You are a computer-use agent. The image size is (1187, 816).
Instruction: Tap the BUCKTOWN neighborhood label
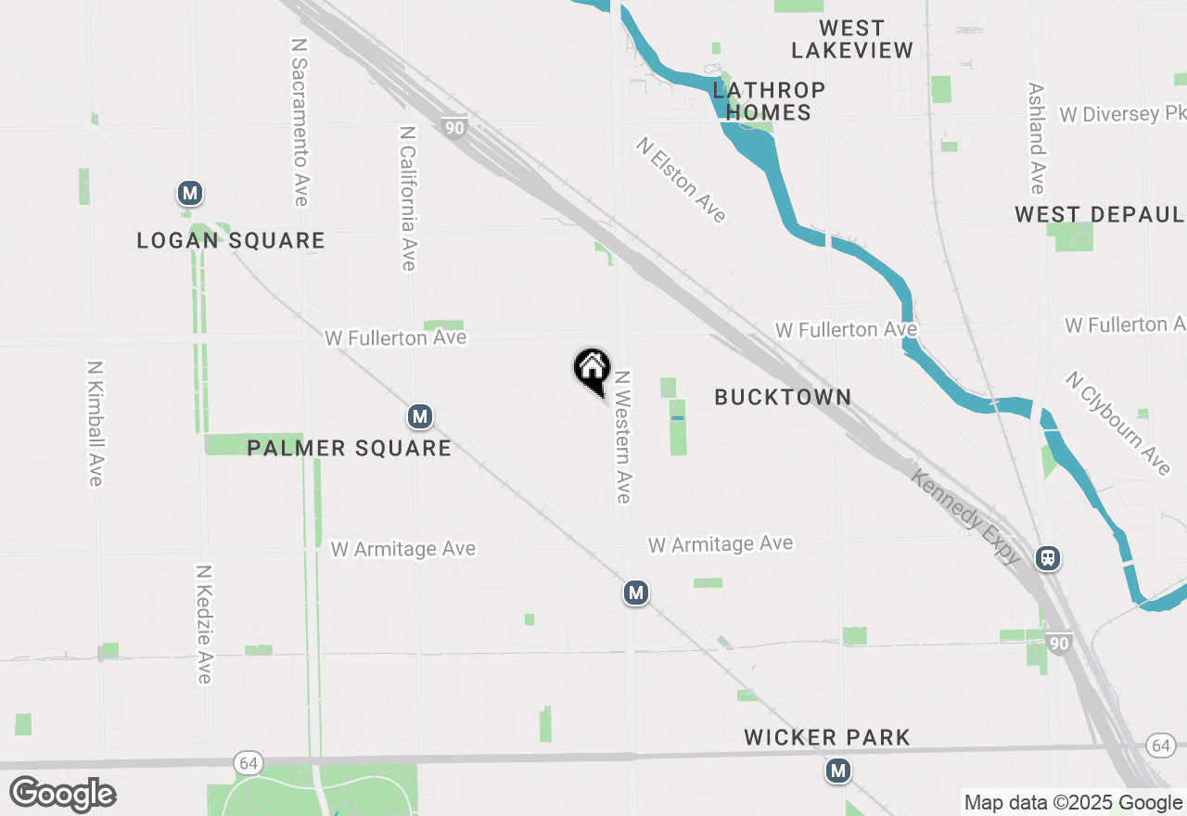point(783,397)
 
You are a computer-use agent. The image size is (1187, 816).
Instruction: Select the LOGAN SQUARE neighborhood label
point(231,241)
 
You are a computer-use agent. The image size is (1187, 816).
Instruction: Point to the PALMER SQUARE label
point(350,449)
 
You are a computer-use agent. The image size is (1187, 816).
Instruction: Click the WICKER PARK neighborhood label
point(827,738)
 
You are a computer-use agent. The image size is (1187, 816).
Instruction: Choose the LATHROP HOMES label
point(769,101)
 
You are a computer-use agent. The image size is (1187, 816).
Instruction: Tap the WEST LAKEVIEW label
point(852,39)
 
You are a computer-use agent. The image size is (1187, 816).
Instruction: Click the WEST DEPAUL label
point(1099,215)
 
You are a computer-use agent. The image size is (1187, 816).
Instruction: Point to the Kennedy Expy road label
point(965,517)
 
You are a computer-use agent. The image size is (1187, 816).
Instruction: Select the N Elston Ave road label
point(681,181)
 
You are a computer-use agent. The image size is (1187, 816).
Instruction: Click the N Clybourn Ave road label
point(1118,424)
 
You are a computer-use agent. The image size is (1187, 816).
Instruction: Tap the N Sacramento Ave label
point(299,121)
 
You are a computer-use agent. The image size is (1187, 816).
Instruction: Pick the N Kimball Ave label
point(95,423)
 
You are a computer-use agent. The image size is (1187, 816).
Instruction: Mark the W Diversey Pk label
point(1122,114)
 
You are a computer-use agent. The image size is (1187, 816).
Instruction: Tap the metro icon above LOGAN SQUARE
point(190,194)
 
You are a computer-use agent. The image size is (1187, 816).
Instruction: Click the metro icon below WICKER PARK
point(838,771)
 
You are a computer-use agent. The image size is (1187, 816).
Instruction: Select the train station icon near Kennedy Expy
point(1049,558)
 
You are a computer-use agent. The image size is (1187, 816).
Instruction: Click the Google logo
point(63,794)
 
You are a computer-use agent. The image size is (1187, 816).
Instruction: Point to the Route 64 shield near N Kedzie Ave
point(246,762)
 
